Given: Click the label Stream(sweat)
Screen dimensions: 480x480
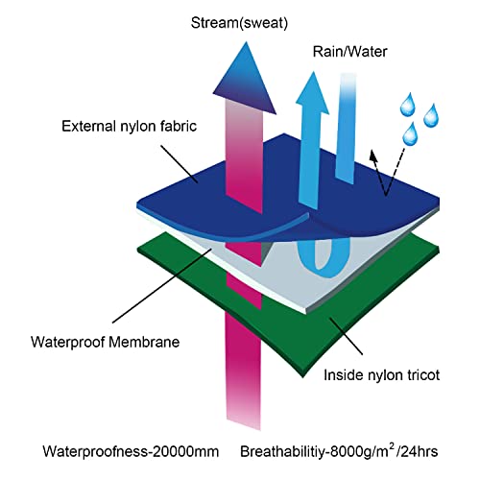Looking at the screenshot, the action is click(239, 23).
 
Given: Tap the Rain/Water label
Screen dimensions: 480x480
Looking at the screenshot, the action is click(349, 52).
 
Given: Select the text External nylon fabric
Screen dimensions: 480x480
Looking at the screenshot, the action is click(129, 127).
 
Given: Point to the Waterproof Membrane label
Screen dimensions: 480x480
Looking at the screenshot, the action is click(105, 342).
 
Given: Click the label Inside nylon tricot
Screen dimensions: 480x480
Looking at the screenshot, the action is click(381, 375).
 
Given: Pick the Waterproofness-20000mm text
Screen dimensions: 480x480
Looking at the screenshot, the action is click(131, 451).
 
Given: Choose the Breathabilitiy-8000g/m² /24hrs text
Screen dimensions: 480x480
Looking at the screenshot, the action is click(339, 451).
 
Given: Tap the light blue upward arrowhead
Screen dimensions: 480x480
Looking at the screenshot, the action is click(312, 94).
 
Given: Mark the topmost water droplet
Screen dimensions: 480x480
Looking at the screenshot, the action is click(408, 105).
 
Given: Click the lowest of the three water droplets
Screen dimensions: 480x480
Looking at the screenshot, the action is click(410, 133).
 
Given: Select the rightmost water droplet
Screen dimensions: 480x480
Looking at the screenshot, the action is click(431, 115).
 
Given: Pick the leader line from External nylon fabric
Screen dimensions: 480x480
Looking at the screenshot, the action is click(180, 164).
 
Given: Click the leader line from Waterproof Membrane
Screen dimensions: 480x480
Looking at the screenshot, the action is click(162, 286).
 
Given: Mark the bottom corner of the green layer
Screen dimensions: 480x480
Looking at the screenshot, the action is click(302, 377).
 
